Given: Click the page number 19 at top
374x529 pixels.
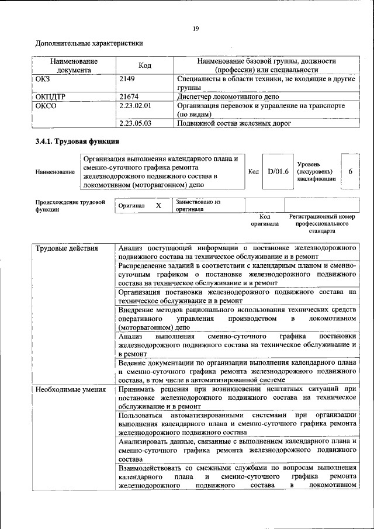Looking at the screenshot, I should point(197,29).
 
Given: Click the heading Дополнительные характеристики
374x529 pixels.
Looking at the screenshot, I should point(89,43).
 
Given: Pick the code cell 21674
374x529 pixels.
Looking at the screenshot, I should point(129,96).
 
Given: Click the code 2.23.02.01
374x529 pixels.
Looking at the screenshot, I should point(135,106).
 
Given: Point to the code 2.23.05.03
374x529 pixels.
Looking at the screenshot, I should point(135,123).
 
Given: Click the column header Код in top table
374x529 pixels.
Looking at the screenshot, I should point(144,65).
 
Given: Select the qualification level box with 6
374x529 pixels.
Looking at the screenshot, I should point(350,171).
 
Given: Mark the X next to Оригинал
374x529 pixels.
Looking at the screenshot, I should point(158,206).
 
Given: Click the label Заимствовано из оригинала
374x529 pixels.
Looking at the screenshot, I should point(198,205).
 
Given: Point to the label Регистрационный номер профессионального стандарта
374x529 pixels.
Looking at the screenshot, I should point(322,223).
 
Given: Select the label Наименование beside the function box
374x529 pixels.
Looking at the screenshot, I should point(55,172).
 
